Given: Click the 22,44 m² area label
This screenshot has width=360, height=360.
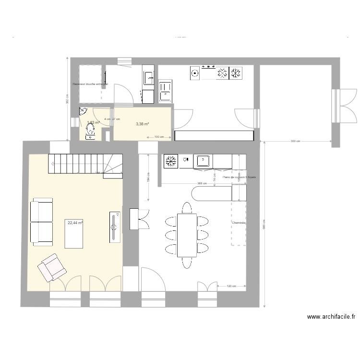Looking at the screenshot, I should (x=75, y=223).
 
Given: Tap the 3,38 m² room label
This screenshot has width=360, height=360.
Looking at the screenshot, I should (x=142, y=124).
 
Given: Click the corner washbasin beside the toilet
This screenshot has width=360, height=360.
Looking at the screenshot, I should (x=83, y=112).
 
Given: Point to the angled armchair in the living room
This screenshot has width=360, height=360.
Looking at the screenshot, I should (x=52, y=267).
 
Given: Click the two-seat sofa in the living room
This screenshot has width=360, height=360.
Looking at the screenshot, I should (x=42, y=222).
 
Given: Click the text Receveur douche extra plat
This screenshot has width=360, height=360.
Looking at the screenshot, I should (x=90, y=84).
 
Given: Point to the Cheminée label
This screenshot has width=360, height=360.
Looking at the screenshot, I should (x=239, y=223).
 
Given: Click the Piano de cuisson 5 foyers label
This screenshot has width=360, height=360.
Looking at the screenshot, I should (x=239, y=177).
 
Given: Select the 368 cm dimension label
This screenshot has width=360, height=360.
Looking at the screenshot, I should (x=202, y=183).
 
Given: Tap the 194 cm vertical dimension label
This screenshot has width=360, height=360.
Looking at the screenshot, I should (x=149, y=177).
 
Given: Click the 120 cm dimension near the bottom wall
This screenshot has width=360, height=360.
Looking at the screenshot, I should (x=230, y=286).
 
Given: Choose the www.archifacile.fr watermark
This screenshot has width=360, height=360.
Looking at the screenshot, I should (x=331, y=317).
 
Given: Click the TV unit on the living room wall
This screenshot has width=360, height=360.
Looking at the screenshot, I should (x=114, y=227).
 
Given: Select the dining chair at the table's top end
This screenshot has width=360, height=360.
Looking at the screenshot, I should (x=187, y=207).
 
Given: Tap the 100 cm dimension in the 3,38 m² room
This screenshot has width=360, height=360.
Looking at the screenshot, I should (x=159, y=137).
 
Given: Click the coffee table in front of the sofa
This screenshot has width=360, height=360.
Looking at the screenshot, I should (x=74, y=234).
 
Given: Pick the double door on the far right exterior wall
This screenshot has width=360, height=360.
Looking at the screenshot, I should (x=340, y=105).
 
